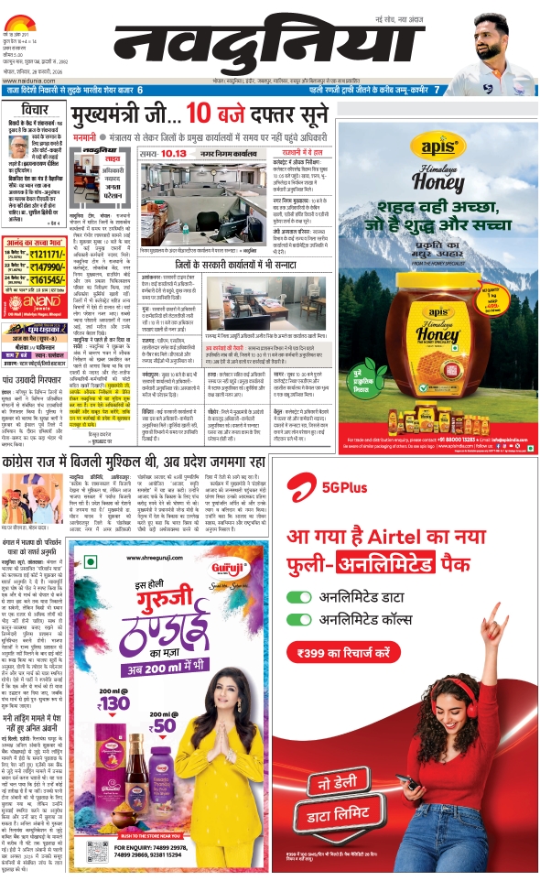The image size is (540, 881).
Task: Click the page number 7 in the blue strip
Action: pos(438,90)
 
